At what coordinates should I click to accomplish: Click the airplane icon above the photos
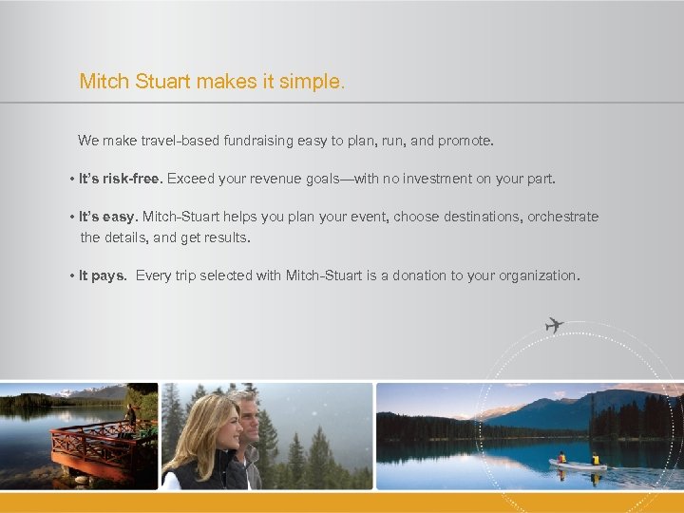pyautogui.click(x=554, y=325)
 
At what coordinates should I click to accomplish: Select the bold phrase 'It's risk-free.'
pyautogui.click(x=121, y=179)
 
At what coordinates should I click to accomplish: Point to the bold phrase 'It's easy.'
pyautogui.click(x=109, y=217)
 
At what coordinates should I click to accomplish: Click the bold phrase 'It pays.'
pyautogui.click(x=103, y=275)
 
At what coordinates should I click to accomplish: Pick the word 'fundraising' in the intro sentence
pyautogui.click(x=258, y=141)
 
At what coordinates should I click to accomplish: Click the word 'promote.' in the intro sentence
pyautogui.click(x=465, y=141)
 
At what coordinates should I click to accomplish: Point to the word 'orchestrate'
pyautogui.click(x=565, y=217)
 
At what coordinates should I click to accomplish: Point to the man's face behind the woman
pyautogui.click(x=247, y=411)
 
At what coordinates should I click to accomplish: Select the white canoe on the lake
pyautogui.click(x=577, y=465)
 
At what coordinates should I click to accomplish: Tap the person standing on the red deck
pyautogui.click(x=130, y=415)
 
